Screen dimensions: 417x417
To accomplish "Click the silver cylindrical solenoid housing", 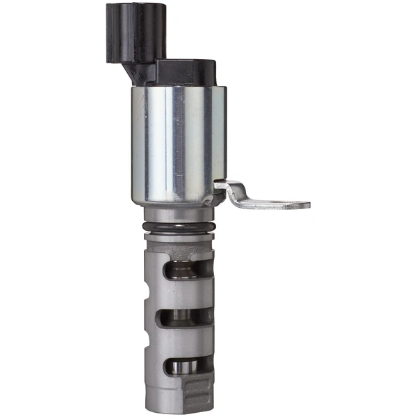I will click(x=177, y=142).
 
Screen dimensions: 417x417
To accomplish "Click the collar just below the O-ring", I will click(x=179, y=240).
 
